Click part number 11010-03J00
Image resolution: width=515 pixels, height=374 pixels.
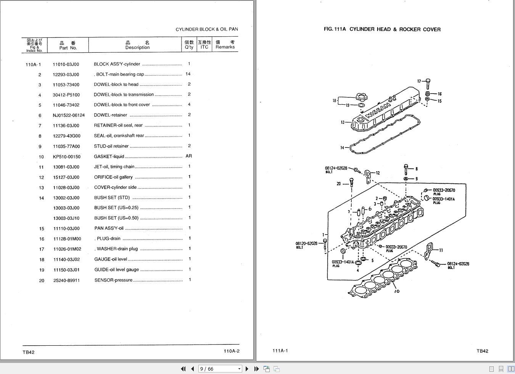click(x=66, y=65)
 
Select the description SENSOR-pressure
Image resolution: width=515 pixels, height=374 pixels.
click(x=113, y=280)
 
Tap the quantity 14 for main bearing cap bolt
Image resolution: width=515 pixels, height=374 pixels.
click(x=188, y=74)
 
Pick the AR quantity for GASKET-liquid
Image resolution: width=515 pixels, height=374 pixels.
click(x=188, y=156)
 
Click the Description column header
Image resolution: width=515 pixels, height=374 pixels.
click(x=137, y=45)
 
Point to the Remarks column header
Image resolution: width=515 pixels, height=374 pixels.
click(x=225, y=45)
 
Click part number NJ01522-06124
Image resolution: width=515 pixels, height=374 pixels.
click(x=69, y=115)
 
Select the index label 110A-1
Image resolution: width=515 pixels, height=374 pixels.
click(x=33, y=65)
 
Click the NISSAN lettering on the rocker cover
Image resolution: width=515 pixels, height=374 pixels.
click(x=378, y=110)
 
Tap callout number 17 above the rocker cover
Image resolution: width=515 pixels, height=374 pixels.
click(x=419, y=81)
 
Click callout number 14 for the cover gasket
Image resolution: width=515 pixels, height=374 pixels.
click(x=342, y=148)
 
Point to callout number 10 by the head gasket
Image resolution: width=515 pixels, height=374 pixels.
click(x=397, y=291)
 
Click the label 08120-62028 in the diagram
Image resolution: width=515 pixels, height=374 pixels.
click(x=306, y=243)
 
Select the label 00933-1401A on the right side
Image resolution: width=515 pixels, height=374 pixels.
click(x=443, y=199)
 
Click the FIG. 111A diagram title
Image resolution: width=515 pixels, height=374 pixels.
click(x=382, y=29)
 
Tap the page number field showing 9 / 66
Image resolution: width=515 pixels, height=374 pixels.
click(x=220, y=369)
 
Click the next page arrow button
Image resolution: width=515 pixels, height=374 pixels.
click(x=247, y=369)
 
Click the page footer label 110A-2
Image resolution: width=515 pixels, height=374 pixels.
click(x=231, y=351)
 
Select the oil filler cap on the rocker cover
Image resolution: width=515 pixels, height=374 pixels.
click(x=361, y=97)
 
